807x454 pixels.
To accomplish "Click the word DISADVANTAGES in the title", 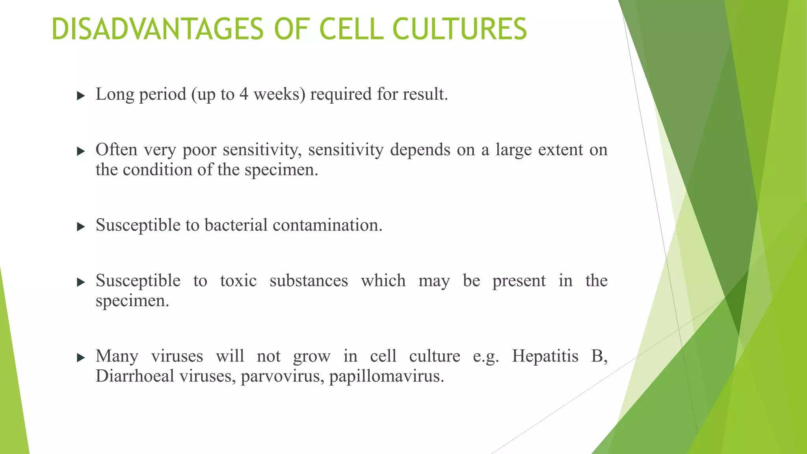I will pos(157,29).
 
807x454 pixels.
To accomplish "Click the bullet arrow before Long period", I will pos(81,96).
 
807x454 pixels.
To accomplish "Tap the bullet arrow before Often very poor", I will pos(81,151).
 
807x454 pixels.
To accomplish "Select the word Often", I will pos(116,150).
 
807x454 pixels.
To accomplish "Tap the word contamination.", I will pos(327,225).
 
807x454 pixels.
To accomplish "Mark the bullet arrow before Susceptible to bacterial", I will pos(81,227).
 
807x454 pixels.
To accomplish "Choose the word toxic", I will pos(238,281).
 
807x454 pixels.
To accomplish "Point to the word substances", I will pos(309,281).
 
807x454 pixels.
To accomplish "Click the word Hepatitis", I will pos(545,356).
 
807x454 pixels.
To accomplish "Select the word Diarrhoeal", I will pos(135,376).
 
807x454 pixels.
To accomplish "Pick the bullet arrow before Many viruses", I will pos(81,358).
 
